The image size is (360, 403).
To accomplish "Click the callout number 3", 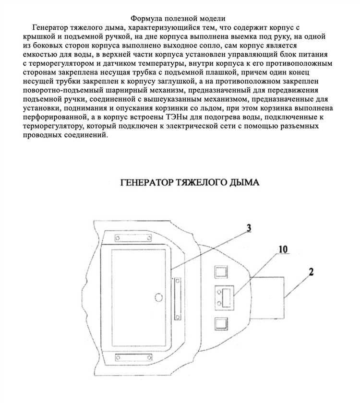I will click(249, 228).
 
